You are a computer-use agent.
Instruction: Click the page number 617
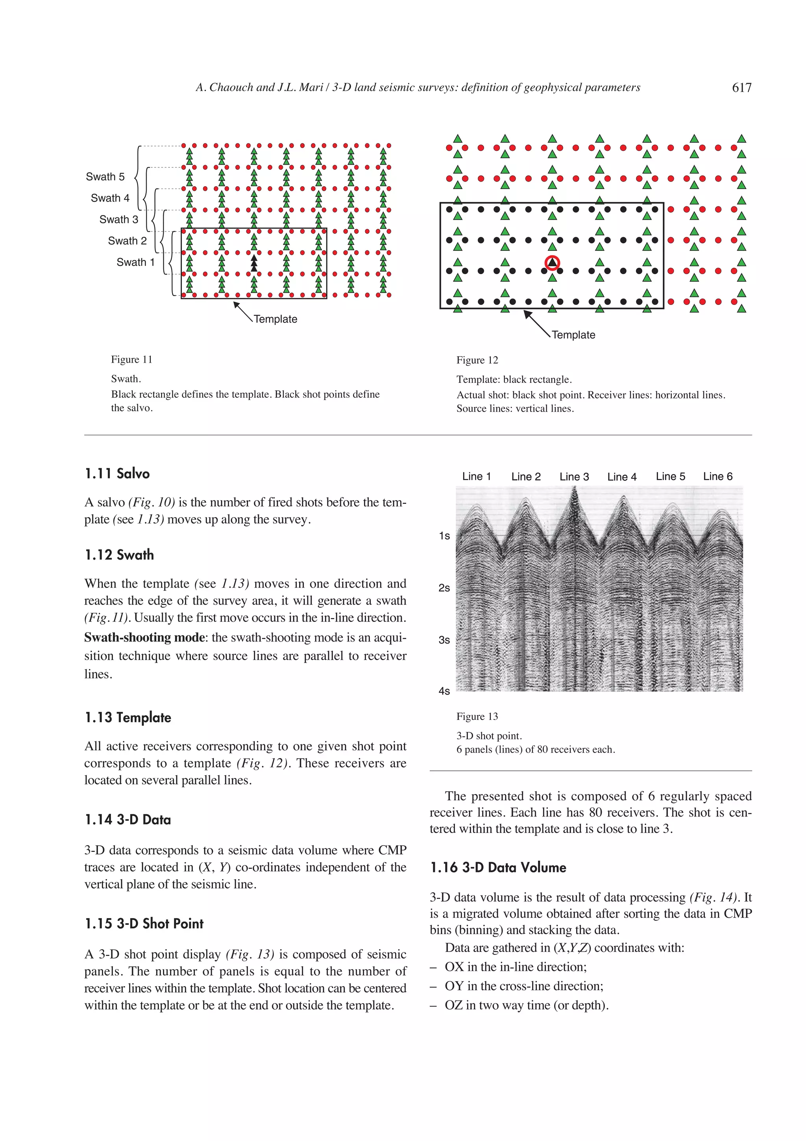click(741, 88)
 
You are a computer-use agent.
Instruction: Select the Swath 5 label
click(105, 177)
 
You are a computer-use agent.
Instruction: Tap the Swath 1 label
click(135, 262)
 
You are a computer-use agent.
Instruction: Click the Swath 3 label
click(119, 220)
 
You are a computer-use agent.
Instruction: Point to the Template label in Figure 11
click(275, 319)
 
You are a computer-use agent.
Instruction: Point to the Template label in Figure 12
click(573, 335)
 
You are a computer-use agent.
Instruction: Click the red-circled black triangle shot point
click(552, 263)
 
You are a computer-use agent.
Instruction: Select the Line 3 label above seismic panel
click(574, 477)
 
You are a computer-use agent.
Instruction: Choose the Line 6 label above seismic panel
click(717, 477)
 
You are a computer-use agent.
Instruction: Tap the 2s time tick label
click(444, 588)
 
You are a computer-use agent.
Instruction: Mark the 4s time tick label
click(444, 691)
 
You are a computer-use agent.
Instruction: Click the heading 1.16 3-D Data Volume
click(498, 868)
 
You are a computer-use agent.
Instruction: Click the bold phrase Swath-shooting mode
click(144, 638)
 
